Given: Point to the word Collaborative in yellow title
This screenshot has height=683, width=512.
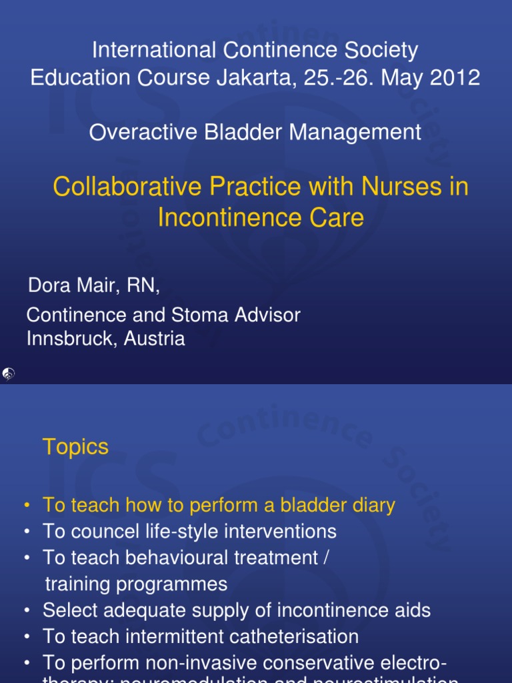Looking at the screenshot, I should pos(128,187).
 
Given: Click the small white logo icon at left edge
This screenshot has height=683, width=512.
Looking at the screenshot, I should pos(8,374).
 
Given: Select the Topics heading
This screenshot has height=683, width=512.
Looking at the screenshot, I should pos(75,447).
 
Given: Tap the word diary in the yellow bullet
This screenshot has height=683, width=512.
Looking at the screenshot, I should pos(370,506).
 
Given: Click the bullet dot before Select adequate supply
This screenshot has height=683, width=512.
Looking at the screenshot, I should pos(27,610).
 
